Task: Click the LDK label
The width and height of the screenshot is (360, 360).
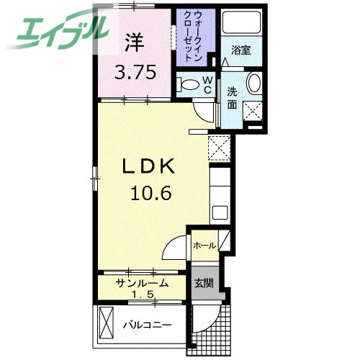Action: [x=149, y=167]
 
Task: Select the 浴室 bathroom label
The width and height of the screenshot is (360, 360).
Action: [x=240, y=50]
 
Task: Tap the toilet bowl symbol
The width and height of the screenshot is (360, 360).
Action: [x=189, y=85]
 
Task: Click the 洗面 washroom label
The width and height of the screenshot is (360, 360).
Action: [x=233, y=97]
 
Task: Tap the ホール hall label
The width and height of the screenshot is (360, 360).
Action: [x=204, y=246]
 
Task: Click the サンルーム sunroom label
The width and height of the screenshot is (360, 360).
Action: [x=143, y=284]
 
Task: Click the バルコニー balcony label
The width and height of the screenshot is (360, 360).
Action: [x=147, y=325]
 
